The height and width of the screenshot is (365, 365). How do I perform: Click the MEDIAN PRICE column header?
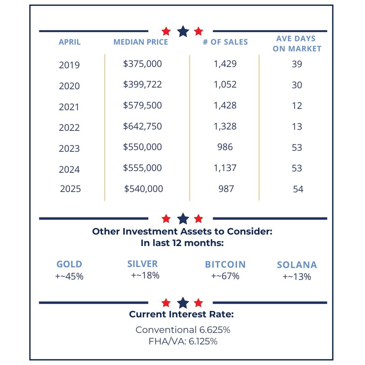point(141,42)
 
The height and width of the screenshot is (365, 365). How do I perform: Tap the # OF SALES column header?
point(225,42)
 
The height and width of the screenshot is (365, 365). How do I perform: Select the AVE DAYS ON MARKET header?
point(297,44)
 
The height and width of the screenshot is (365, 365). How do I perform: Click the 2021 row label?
point(69,107)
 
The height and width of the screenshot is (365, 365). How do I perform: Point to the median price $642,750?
point(143,126)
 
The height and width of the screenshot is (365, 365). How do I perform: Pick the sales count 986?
point(225,147)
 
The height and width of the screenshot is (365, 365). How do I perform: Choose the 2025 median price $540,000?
point(144,189)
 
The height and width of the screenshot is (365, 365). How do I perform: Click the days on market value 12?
point(297,106)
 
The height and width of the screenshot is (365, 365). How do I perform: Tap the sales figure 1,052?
point(225,84)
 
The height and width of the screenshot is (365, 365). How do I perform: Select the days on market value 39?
point(297,64)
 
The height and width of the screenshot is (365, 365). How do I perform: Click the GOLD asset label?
point(69,264)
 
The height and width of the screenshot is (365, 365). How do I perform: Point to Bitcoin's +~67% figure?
point(225,276)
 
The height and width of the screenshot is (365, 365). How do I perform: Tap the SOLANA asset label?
point(297,265)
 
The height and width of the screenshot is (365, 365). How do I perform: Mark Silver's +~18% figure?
point(145,275)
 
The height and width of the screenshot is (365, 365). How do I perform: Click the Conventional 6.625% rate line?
point(183,330)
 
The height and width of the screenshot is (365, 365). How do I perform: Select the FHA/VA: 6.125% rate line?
point(183,341)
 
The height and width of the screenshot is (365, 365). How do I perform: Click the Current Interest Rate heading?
point(181,315)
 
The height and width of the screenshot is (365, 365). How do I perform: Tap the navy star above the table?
point(183,31)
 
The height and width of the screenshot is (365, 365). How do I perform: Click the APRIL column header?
point(70,42)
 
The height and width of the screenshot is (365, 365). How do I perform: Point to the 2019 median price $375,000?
point(143,64)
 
